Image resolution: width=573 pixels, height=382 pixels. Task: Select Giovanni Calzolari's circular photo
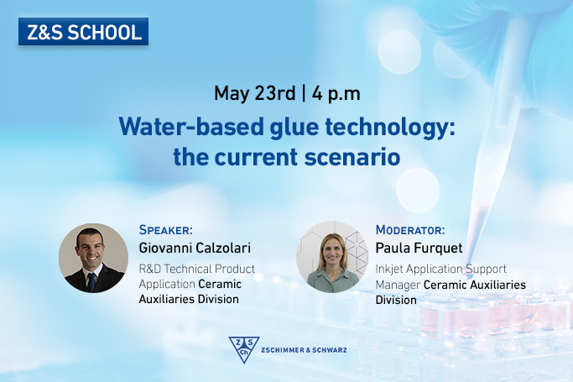pyautogui.click(x=93, y=258)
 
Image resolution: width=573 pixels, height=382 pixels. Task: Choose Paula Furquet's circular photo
pyautogui.click(x=331, y=256)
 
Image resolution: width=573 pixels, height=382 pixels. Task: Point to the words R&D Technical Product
pyautogui.click(x=196, y=269)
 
